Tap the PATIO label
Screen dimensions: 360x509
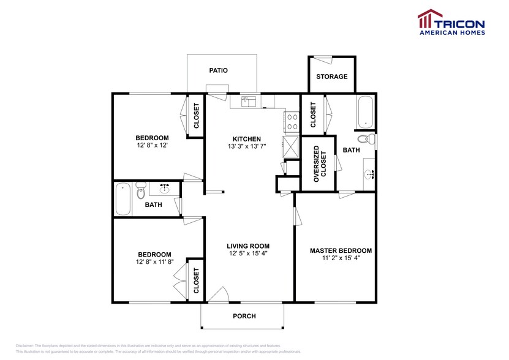click(x=218, y=70)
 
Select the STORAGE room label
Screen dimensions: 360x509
click(x=331, y=77)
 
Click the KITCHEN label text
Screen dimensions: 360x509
click(x=247, y=139)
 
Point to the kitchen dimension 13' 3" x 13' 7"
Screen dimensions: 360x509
click(x=247, y=147)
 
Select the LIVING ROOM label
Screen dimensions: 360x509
click(x=248, y=245)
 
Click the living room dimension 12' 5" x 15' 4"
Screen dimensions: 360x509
click(x=248, y=253)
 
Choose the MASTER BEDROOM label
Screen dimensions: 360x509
click(x=341, y=251)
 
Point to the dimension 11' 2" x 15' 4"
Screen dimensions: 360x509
click(x=341, y=259)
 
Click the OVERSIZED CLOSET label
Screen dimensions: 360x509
click(x=320, y=164)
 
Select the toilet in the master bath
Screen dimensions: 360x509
click(x=366, y=139)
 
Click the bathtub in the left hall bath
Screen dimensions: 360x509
click(x=123, y=199)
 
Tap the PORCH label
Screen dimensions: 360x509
click(x=244, y=317)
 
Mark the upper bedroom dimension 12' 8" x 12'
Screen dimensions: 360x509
click(x=152, y=146)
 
